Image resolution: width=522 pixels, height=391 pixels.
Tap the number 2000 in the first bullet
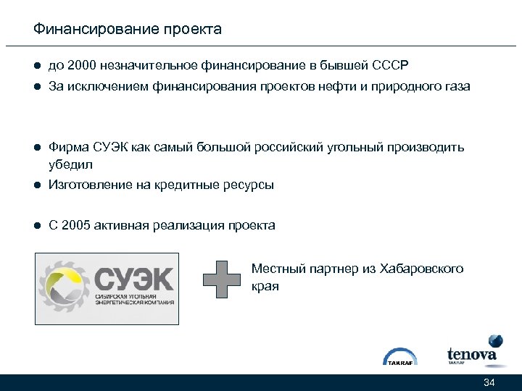click(82, 66)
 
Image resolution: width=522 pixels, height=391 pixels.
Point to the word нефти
click(351, 87)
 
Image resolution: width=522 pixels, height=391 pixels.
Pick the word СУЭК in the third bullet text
click(111, 148)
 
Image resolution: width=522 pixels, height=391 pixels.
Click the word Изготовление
click(88, 185)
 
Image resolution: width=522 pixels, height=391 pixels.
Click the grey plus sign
click(221, 278)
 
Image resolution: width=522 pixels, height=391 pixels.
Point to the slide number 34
click(489, 382)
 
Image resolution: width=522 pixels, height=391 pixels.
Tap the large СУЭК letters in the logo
click(134, 279)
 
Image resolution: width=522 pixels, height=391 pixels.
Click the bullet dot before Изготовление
click(36, 185)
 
